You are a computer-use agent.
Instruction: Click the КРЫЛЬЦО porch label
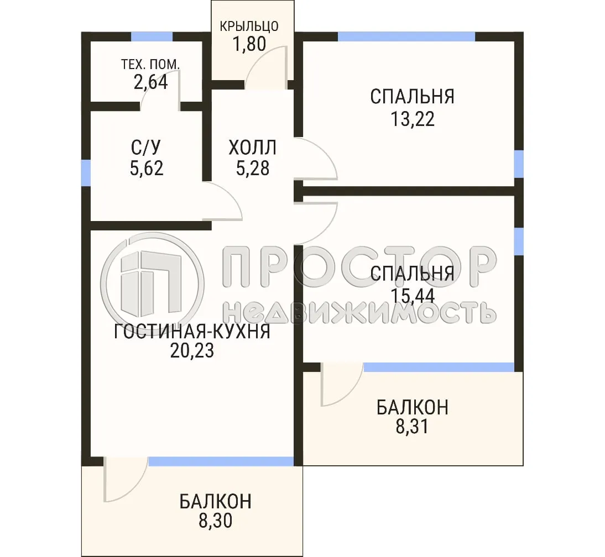pos(248,26)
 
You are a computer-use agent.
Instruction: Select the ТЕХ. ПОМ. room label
pos(150,64)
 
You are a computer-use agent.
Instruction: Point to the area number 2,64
pos(150,82)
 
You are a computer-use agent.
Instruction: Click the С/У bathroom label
pos(147,148)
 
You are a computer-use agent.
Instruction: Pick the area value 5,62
pos(147,167)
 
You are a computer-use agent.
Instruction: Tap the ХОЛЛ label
pos(252,148)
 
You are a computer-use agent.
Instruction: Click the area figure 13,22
pos(413,118)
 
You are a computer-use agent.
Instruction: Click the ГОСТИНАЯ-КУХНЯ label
pos(192,332)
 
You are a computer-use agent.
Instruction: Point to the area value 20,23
pos(192,351)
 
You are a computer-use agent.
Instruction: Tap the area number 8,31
pos(412,427)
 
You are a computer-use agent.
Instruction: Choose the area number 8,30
pos(215,520)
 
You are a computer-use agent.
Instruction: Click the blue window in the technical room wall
pos(152,36)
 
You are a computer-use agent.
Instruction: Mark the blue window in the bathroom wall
pos(86,172)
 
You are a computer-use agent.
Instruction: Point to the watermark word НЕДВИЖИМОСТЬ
pos(359,312)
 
